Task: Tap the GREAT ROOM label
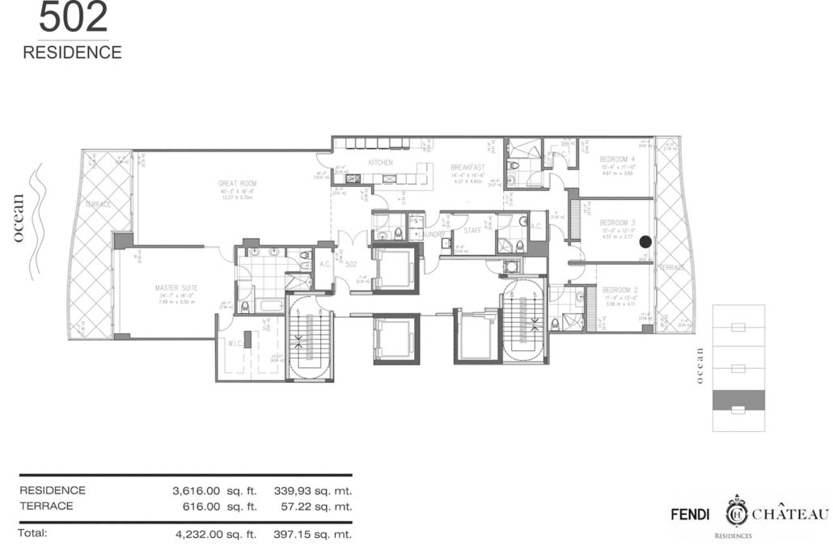click(x=237, y=184)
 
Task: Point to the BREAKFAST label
click(x=467, y=167)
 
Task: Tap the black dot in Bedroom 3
click(x=645, y=241)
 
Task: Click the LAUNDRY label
click(x=431, y=235)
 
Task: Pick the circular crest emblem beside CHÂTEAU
click(x=735, y=511)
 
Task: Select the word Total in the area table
click(x=34, y=533)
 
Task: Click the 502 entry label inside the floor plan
click(x=351, y=265)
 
